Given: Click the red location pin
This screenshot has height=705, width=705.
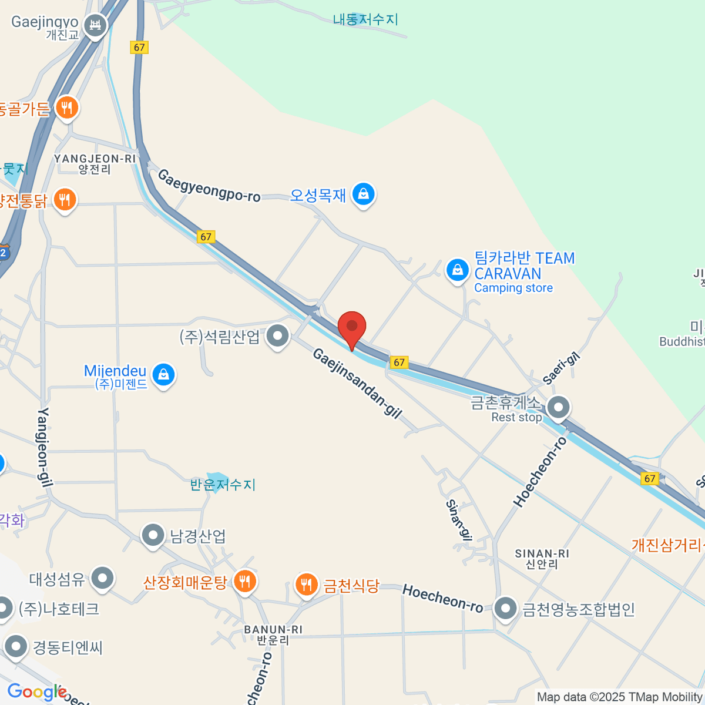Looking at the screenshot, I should coord(352,327).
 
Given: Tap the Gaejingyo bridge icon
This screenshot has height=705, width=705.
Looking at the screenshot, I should coord(95,25).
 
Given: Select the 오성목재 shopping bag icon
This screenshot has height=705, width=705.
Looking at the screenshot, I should coord(363,194).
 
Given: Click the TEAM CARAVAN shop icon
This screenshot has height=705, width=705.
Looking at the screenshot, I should coord(457,270).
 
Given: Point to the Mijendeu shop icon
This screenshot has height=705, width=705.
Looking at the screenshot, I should coord(163,374).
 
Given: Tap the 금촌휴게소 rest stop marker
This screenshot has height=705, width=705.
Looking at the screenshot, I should coord(558,407).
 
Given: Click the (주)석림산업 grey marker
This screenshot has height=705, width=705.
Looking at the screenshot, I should coord(277,337).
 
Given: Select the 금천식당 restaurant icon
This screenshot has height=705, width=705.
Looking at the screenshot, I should coord(305,585).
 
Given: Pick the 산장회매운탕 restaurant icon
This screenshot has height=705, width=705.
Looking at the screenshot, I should coord(244,581).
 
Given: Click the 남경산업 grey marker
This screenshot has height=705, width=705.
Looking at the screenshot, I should coord(153,536).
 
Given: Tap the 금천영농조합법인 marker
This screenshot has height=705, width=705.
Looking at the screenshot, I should coord(505,609).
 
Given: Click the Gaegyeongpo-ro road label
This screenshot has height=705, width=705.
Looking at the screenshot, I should coord(209,186).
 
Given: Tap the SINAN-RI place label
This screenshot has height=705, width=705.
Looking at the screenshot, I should coord(542,559).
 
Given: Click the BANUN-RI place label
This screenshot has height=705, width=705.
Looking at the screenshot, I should coord(273,634).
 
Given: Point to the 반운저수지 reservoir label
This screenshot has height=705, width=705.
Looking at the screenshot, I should coord(223,485).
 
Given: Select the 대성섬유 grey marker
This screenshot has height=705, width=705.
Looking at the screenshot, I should coord(103,579).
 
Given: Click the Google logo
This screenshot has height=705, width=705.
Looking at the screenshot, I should coord(36,692).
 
